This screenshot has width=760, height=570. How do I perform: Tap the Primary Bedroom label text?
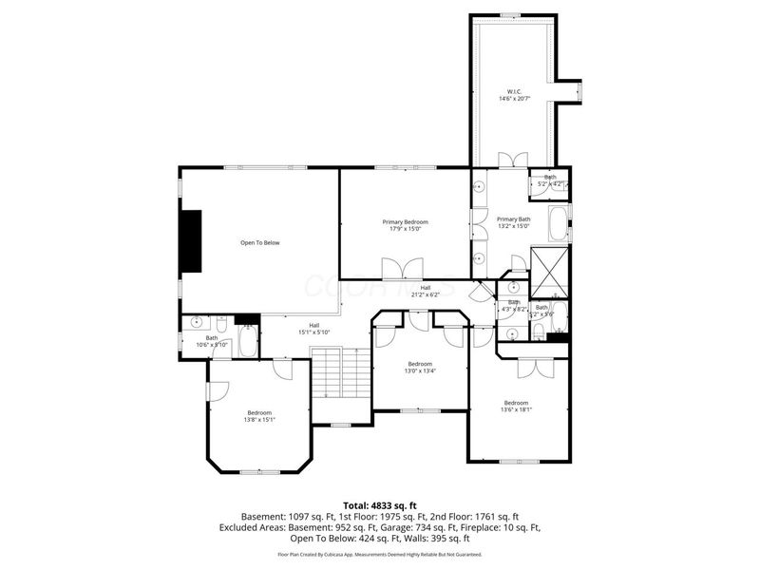(x=404, y=225)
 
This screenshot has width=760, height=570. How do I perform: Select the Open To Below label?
(x=259, y=243)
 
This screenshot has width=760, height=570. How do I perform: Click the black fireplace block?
(x=193, y=240)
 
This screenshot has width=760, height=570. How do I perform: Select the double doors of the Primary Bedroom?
(x=394, y=269)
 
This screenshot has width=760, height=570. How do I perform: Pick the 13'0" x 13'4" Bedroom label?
(x=420, y=367)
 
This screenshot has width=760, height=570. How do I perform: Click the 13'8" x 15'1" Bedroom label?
(x=259, y=415)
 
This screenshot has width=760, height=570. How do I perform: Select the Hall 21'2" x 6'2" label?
(x=426, y=291)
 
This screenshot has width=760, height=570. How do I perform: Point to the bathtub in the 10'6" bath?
(x=247, y=340)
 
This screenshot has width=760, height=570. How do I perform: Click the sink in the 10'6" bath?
(x=196, y=322)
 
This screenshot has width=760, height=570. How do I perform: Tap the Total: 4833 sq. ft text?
(x=380, y=505)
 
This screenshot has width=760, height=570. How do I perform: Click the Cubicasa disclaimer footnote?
(x=380, y=554)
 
